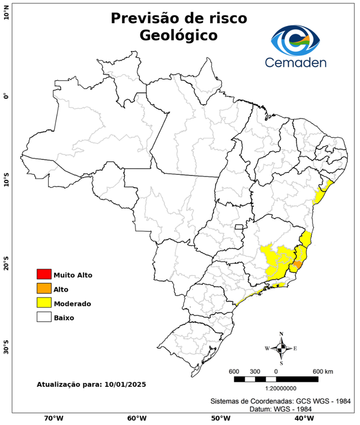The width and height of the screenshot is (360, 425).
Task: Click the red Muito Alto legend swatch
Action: [44, 274]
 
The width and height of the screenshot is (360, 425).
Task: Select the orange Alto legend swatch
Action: [44, 288]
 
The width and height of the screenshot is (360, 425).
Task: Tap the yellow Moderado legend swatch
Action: [44, 303]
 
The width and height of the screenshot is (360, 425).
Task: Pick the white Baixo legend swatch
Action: [44, 317]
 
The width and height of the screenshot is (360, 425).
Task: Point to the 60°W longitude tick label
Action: [137, 418]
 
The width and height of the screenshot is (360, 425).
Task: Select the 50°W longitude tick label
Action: [219, 418]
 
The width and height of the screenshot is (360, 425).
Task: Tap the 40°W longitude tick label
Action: [302, 418]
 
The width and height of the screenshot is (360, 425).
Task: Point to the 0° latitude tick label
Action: [6, 96]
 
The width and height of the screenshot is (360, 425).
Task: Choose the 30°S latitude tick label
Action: [6, 349]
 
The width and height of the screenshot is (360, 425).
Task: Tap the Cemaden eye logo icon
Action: [299, 39]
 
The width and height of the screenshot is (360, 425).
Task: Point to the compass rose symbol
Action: [281, 348]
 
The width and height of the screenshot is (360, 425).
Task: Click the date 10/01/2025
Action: [125, 383]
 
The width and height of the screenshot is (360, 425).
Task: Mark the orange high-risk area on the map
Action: [298, 265]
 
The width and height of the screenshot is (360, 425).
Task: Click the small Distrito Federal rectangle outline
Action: [239, 227]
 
